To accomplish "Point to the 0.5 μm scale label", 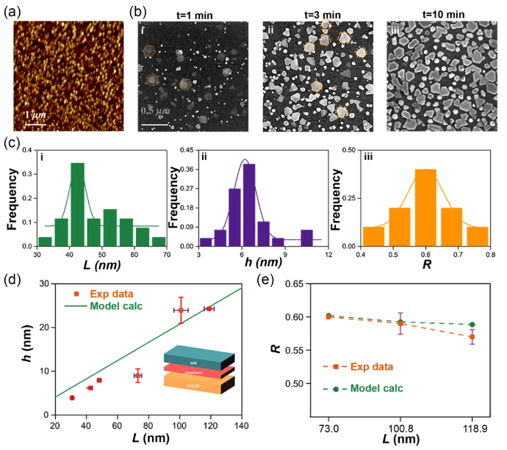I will [154, 110].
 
